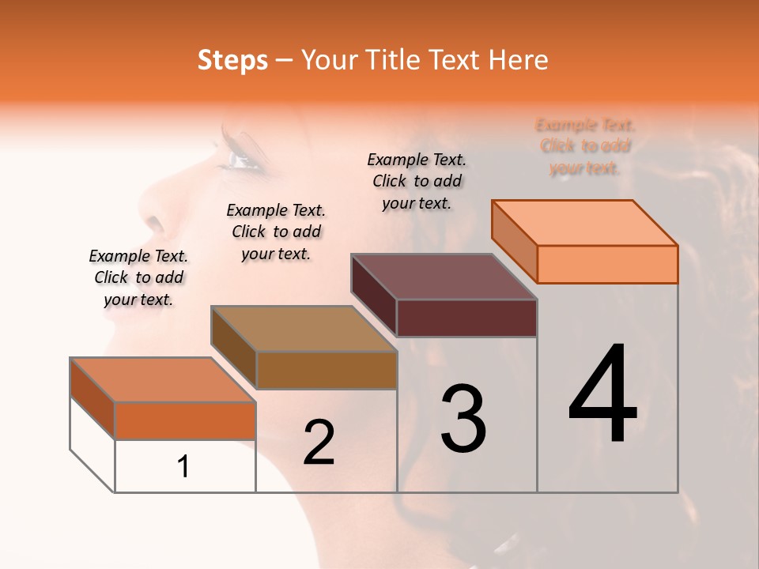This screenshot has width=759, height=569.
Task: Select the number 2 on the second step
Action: point(319,443)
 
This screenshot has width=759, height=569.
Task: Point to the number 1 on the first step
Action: point(183,466)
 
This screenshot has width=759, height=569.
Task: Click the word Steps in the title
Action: point(232,60)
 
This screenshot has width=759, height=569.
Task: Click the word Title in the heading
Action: point(391,60)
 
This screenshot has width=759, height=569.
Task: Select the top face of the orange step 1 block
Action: point(162,379)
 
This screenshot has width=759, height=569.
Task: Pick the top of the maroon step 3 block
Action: point(444,277)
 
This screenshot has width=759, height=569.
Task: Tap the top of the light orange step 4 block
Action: point(584,223)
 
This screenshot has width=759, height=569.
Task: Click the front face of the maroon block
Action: point(466,318)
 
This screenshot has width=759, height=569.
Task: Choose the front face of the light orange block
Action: point(607,264)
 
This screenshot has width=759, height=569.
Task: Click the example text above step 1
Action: point(138,277)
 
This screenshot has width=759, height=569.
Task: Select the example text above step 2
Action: point(276,232)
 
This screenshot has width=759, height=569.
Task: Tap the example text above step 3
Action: point(417,181)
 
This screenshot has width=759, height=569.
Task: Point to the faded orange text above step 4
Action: point(585,146)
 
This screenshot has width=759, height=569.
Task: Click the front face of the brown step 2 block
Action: point(327,370)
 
